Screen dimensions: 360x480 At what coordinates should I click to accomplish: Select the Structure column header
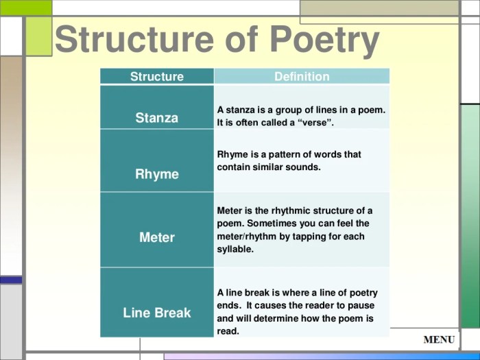(157, 77)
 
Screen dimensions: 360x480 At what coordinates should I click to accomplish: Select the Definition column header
(302, 77)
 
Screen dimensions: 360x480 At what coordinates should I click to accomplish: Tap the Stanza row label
(157, 118)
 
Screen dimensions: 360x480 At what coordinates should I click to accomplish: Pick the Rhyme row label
(157, 174)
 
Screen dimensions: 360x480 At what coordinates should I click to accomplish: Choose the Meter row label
(157, 237)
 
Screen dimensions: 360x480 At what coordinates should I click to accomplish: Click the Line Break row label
(157, 313)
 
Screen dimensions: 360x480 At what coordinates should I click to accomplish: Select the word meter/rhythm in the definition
(247, 237)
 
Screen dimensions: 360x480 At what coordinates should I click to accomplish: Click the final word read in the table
(228, 331)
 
